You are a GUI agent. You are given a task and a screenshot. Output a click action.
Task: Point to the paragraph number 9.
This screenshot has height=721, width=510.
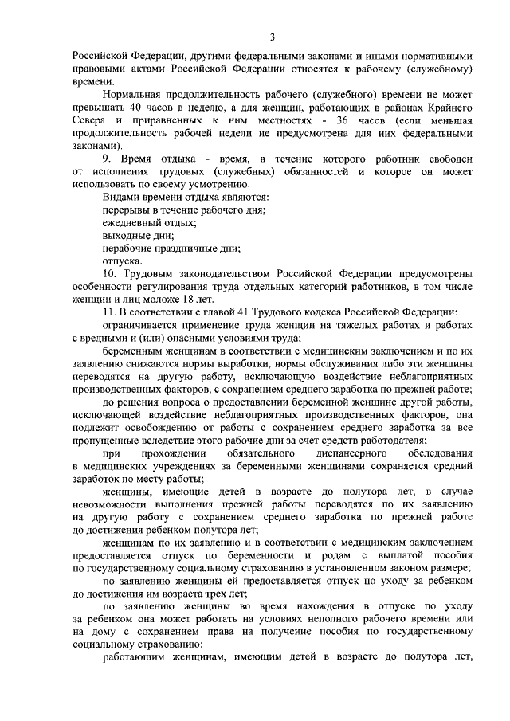[x=108, y=159]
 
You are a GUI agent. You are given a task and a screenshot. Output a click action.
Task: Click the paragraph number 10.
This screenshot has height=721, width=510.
[x=111, y=273]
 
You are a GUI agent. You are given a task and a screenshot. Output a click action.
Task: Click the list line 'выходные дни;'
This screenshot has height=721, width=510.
[x=138, y=235]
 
